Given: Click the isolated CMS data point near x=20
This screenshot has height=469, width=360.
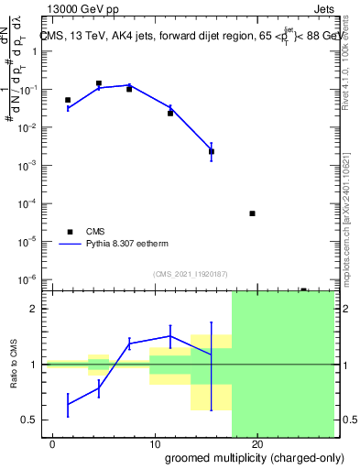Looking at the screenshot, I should (252, 213).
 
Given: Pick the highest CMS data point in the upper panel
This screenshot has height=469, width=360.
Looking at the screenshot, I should (99, 83).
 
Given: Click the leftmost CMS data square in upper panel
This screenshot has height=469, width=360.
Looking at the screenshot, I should (68, 100).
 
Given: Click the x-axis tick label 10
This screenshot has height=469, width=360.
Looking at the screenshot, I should (154, 444).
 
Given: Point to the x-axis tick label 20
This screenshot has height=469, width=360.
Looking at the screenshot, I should (256, 444).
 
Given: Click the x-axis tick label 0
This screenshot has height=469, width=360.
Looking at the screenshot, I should (53, 444).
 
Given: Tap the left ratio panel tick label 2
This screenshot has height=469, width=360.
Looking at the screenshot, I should (35, 309).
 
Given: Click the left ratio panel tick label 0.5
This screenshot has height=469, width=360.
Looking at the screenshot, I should (31, 420).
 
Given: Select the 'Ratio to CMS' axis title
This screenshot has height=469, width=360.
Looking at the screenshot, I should (13, 365).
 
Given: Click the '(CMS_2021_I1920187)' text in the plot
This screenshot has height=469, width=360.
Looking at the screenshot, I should (190, 273).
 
